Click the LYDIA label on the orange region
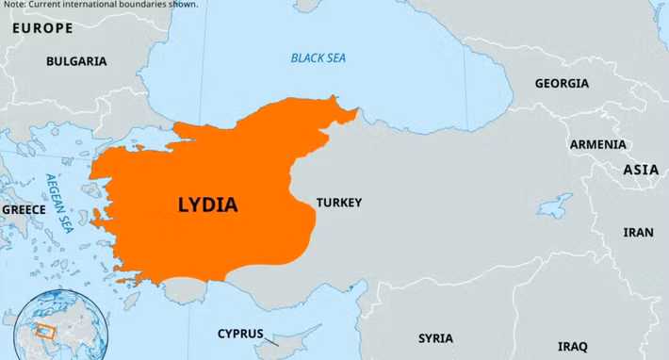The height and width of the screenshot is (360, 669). [x=207, y=205]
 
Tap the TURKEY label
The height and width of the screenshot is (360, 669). [x=338, y=203]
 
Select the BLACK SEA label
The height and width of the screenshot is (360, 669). [x=318, y=58]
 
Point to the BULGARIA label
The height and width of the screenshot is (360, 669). [x=76, y=61]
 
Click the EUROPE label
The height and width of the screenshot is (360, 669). [x=41, y=28]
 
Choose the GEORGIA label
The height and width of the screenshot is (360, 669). [x=562, y=84]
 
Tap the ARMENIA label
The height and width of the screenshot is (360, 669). [x=597, y=144]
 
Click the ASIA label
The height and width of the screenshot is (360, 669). [x=641, y=170]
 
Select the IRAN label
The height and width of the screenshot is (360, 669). [x=638, y=232]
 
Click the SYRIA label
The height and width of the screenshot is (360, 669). [x=435, y=338]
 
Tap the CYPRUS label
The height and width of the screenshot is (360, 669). [x=240, y=334]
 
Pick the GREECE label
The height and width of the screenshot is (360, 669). [x=24, y=209]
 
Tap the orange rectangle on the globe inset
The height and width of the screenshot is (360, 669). [x=41, y=330]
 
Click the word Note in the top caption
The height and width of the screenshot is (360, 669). [x=14, y=4]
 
